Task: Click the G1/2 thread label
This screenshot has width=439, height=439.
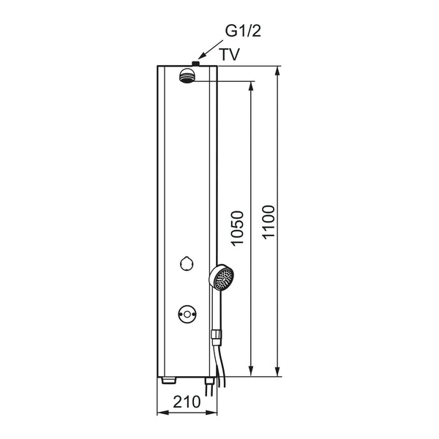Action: click(x=243, y=31)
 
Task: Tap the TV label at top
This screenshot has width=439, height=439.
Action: click(x=230, y=54)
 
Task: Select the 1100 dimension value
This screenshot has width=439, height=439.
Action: click(x=269, y=222)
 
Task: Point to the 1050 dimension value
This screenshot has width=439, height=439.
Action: click(x=237, y=228)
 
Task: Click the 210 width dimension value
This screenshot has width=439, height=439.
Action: click(x=187, y=402)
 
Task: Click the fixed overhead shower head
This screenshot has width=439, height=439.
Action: click(x=187, y=75)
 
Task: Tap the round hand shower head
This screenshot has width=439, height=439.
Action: click(x=221, y=277)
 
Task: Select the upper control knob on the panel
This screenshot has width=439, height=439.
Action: click(x=187, y=263)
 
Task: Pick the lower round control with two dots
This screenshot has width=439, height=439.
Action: click(x=187, y=315)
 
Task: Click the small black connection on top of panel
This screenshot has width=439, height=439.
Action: click(x=195, y=64)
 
